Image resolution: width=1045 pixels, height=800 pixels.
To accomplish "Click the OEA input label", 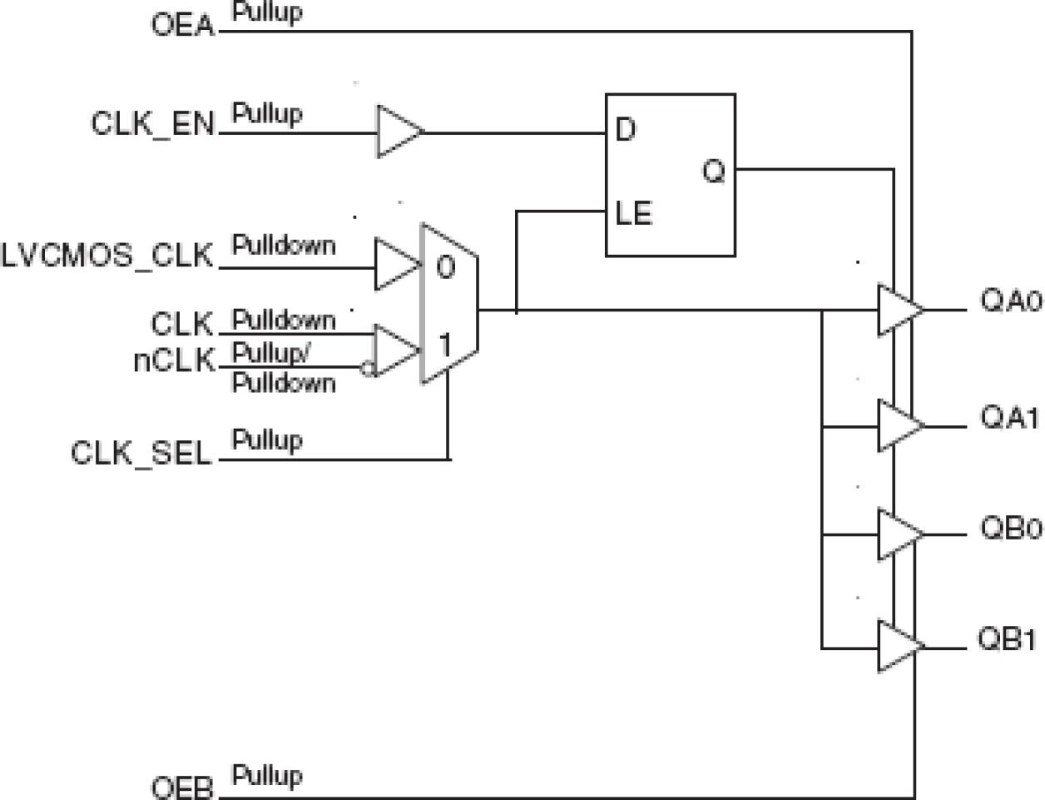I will (x=182, y=25).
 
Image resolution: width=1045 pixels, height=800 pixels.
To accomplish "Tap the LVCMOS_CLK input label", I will (x=107, y=256).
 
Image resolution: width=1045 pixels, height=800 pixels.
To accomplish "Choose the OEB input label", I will (x=182, y=788).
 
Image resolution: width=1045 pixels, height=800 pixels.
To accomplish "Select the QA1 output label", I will (x=1009, y=418).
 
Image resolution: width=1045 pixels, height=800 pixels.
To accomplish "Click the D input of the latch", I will (x=626, y=130).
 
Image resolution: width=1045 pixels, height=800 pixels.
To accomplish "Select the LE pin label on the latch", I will (x=633, y=214).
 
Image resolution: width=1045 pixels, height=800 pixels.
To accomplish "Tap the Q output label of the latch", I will (x=714, y=171).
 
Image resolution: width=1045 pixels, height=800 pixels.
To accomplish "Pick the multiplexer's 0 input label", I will (x=446, y=267).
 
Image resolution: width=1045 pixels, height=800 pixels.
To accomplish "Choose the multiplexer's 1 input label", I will (x=446, y=344).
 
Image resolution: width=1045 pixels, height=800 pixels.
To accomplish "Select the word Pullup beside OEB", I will (x=266, y=775).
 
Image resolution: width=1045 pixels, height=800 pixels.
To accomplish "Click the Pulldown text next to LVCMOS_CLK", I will (x=283, y=246).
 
